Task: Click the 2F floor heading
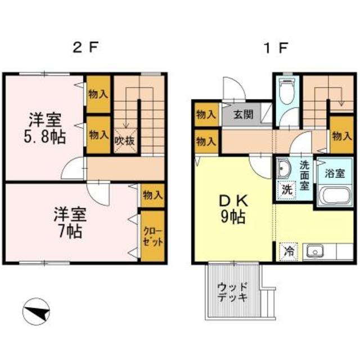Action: pyautogui.click(x=85, y=47)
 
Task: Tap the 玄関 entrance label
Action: pyautogui.click(x=243, y=115)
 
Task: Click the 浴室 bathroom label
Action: pyautogui.click(x=331, y=174)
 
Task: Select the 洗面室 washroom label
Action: pyautogui.click(x=304, y=174)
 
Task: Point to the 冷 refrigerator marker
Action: pyautogui.click(x=289, y=251)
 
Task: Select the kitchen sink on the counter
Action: pyautogui.click(x=313, y=251)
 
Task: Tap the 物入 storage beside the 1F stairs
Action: pyautogui.click(x=341, y=136)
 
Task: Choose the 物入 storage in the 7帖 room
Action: pyautogui.click(x=152, y=195)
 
